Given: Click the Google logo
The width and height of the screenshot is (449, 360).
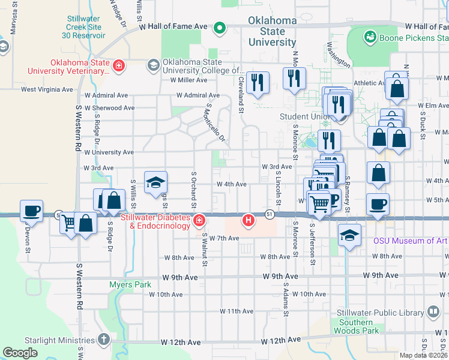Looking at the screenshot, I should pyautogui.click(x=20, y=353).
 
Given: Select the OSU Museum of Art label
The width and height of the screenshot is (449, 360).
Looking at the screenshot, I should pyautogui.click(x=411, y=241).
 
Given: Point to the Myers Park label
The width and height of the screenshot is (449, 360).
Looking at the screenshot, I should pyautogui.click(x=130, y=284).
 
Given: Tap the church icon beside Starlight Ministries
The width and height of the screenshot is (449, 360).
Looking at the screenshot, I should pyautogui.click(x=103, y=339).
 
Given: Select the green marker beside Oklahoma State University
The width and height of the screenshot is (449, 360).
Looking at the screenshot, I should pyautogui.click(x=220, y=27).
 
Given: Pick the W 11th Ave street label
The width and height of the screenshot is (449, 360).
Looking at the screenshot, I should pyautogui.click(x=237, y=311).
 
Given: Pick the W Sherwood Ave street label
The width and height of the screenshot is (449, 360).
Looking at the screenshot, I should pyautogui.click(x=110, y=108).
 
